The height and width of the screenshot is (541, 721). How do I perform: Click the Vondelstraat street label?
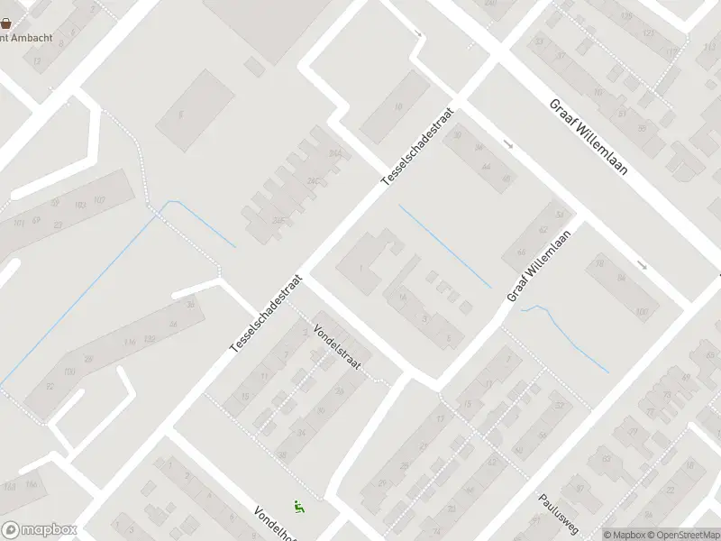[337, 345]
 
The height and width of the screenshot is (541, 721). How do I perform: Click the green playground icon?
[298, 507]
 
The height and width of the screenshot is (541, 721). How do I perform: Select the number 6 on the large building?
[180, 115]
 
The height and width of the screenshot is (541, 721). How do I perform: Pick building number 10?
[398, 106]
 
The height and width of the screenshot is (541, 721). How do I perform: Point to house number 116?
[130, 341]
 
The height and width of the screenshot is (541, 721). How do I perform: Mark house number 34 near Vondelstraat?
[301, 433]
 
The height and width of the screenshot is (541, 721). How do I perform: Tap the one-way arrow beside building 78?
[641, 265]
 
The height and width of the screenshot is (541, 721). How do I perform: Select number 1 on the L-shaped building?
[361, 268]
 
